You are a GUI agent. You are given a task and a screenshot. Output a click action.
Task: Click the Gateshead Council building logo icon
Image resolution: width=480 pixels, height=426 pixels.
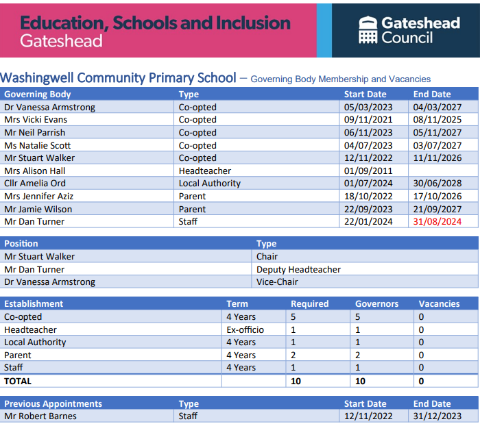click(x=368, y=29)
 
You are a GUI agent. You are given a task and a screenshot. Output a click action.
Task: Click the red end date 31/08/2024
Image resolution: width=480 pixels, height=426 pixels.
click(x=437, y=221)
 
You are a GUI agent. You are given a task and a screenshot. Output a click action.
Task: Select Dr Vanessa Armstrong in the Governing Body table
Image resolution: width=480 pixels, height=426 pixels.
click(x=49, y=107)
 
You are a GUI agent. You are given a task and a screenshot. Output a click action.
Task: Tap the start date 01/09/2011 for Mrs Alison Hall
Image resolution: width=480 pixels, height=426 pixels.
click(x=368, y=171)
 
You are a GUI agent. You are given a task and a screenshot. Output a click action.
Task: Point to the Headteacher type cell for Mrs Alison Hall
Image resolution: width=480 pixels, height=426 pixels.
click(x=205, y=171)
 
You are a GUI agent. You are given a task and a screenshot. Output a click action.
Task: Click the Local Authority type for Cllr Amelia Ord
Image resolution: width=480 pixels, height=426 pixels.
click(x=210, y=183)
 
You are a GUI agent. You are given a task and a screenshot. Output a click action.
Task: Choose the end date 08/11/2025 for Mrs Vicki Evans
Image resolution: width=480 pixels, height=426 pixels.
click(x=437, y=120)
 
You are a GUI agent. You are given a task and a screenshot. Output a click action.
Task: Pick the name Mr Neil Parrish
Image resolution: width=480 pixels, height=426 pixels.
click(x=34, y=132)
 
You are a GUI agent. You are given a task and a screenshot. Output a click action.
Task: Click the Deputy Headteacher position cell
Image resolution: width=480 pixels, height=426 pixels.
click(x=298, y=269)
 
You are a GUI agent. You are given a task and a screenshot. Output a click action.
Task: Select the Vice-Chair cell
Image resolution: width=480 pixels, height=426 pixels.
click(x=277, y=281)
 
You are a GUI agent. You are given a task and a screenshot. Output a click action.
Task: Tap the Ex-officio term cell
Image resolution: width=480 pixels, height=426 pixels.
click(x=245, y=329)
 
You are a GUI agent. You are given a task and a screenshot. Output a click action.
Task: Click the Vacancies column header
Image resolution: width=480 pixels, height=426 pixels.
click(x=439, y=303)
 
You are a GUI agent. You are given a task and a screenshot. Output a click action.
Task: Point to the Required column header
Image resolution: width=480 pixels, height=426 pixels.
click(x=309, y=303)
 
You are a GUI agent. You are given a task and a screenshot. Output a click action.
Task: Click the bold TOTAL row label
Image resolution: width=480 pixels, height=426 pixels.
click(x=18, y=381)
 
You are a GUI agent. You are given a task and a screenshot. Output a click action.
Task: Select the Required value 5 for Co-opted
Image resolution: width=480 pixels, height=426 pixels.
click(x=293, y=317)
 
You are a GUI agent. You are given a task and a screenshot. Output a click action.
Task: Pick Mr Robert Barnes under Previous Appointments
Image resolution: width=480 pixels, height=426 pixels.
click(x=40, y=416)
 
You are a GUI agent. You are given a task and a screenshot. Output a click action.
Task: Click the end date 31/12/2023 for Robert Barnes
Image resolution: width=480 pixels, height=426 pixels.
click(x=437, y=416)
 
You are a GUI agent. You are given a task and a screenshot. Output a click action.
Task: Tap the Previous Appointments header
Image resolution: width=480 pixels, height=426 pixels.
click(x=53, y=403)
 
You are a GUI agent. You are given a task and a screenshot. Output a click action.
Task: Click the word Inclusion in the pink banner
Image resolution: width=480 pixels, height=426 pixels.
click(x=253, y=23)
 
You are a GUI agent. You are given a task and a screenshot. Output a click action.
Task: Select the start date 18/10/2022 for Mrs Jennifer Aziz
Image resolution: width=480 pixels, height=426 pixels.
click(x=368, y=196)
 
